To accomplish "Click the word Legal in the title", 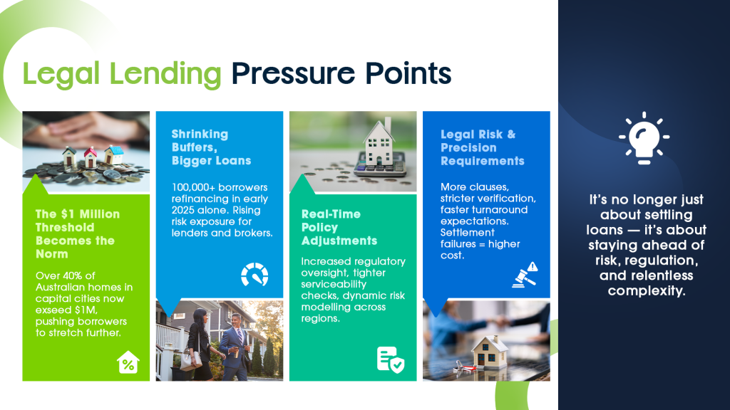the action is pos(61,74).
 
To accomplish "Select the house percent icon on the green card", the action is pos(128,362).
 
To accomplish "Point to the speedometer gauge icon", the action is pos(255,274).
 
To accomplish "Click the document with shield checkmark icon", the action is pos(390,359).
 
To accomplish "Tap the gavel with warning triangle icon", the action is pos(525,275).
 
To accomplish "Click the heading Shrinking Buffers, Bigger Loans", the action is pos(211,147).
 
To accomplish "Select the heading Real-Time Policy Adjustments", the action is pos(339,227).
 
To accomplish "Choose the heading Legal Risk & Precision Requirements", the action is pos(483,148).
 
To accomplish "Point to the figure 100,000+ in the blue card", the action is pos(193,187).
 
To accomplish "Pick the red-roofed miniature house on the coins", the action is pos(91,157).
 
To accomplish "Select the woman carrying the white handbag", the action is pos(200,344).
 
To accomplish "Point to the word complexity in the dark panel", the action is pos(646,291).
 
